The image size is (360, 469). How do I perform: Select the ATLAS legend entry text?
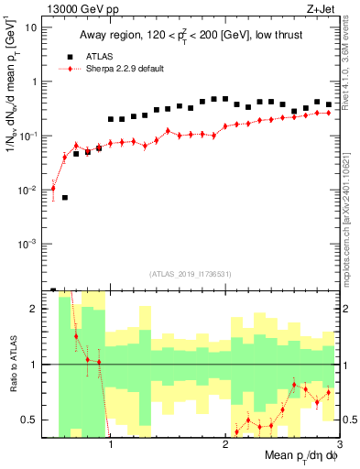click(109, 55)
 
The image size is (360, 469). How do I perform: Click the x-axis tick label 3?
click(340, 447)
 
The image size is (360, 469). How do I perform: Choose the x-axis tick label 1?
click(111, 447)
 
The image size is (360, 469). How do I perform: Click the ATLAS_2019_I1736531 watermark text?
click(190, 273)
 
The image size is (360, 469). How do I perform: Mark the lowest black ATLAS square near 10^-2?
click(65, 197)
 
